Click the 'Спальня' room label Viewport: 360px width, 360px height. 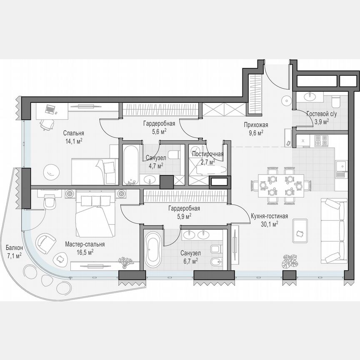point(73,133)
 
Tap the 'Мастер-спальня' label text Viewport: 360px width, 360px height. point(85,245)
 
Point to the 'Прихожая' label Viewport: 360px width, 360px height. point(256,125)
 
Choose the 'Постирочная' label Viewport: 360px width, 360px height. point(207,154)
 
